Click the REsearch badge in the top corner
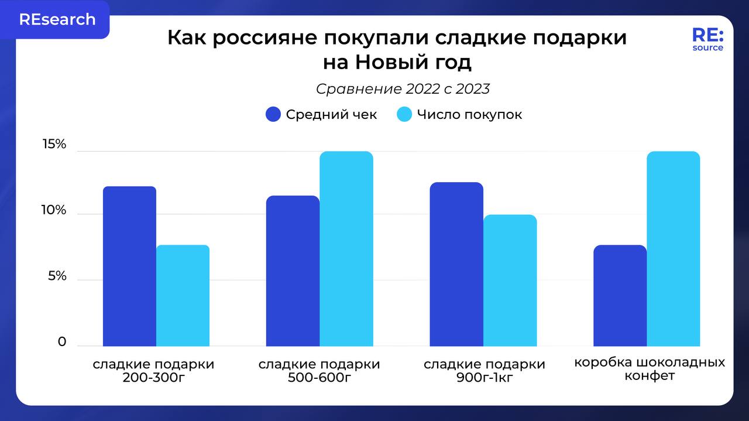(x=57, y=19)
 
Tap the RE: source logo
(x=707, y=39)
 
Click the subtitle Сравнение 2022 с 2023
(x=403, y=89)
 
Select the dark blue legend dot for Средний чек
(x=273, y=114)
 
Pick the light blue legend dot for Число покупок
(x=405, y=114)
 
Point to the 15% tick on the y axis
(x=54, y=145)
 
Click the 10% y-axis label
(x=54, y=210)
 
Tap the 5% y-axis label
(x=57, y=276)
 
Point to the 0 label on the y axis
(x=62, y=341)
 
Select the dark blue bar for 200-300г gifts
(x=129, y=266)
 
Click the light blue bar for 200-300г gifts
(x=183, y=296)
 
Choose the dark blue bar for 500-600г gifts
(x=293, y=271)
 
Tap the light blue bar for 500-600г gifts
(x=346, y=249)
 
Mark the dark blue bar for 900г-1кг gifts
(x=456, y=264)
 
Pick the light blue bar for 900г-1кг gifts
(x=510, y=280)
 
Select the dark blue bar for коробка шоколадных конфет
(x=620, y=296)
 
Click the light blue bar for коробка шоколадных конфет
(x=673, y=249)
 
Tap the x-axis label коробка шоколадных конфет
(x=650, y=369)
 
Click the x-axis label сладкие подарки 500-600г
(x=319, y=371)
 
